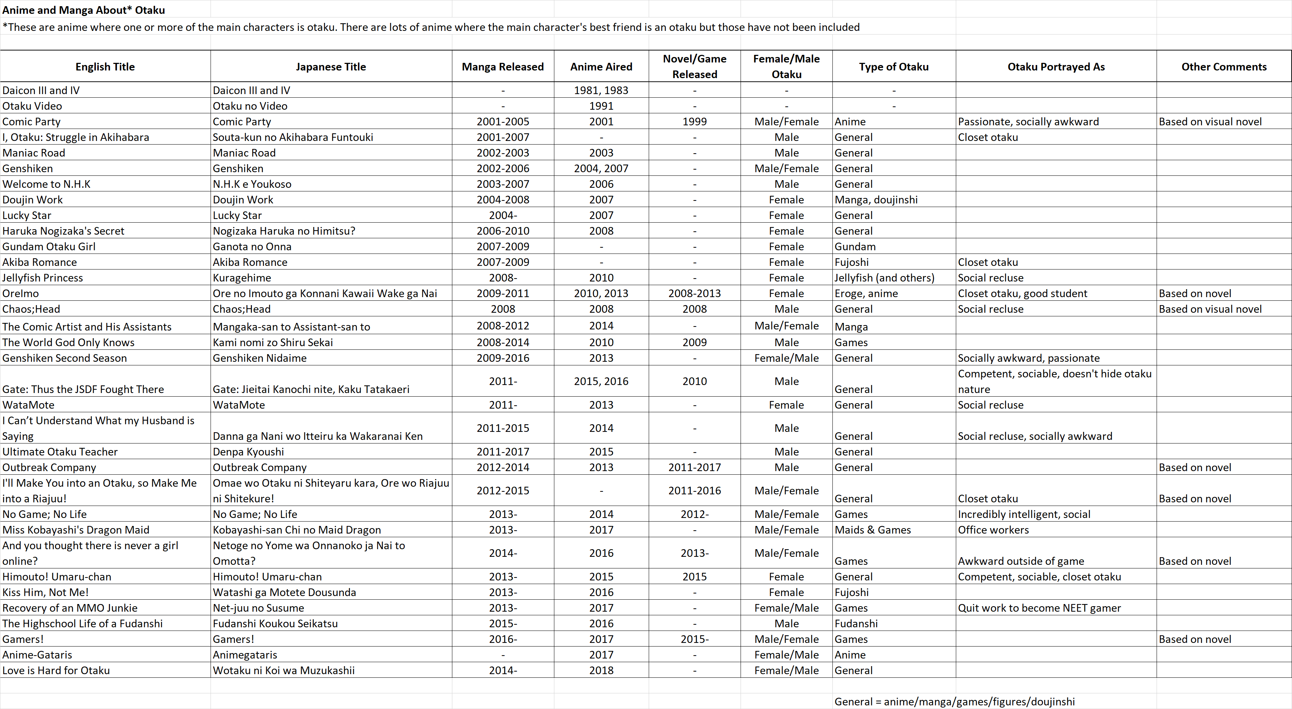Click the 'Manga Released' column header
(502, 67)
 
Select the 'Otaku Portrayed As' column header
(1056, 67)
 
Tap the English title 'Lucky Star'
(27, 215)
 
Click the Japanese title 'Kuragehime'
(242, 277)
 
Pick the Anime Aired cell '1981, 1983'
(601, 90)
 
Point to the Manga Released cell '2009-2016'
(502, 358)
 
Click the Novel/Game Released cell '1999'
(694, 121)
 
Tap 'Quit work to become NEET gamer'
(1039, 608)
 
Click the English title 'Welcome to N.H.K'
(46, 184)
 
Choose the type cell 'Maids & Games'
(873, 530)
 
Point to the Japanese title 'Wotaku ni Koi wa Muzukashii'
(284, 670)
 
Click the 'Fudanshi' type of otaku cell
(856, 623)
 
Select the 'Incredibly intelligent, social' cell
(1024, 514)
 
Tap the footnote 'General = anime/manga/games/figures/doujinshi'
(954, 701)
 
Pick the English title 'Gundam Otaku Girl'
(49, 246)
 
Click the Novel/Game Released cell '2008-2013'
(694, 293)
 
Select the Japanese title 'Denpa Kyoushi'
(248, 451)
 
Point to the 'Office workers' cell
(993, 530)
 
